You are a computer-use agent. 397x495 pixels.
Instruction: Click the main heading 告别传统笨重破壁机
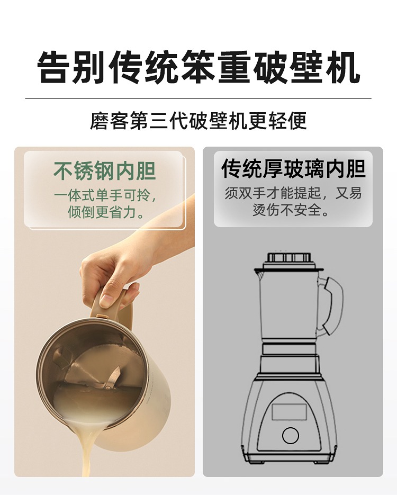(x=198, y=67)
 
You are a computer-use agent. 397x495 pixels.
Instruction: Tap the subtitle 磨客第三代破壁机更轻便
(x=198, y=120)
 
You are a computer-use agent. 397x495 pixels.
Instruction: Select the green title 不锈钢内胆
(x=104, y=171)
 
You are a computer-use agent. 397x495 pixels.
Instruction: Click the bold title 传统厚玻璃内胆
(x=293, y=168)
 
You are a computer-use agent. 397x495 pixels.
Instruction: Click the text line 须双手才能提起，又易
(x=293, y=193)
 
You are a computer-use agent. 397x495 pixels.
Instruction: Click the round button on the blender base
(x=290, y=435)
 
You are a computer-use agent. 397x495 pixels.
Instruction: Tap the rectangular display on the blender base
(x=290, y=412)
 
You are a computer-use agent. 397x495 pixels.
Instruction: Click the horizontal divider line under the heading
(x=198, y=99)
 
